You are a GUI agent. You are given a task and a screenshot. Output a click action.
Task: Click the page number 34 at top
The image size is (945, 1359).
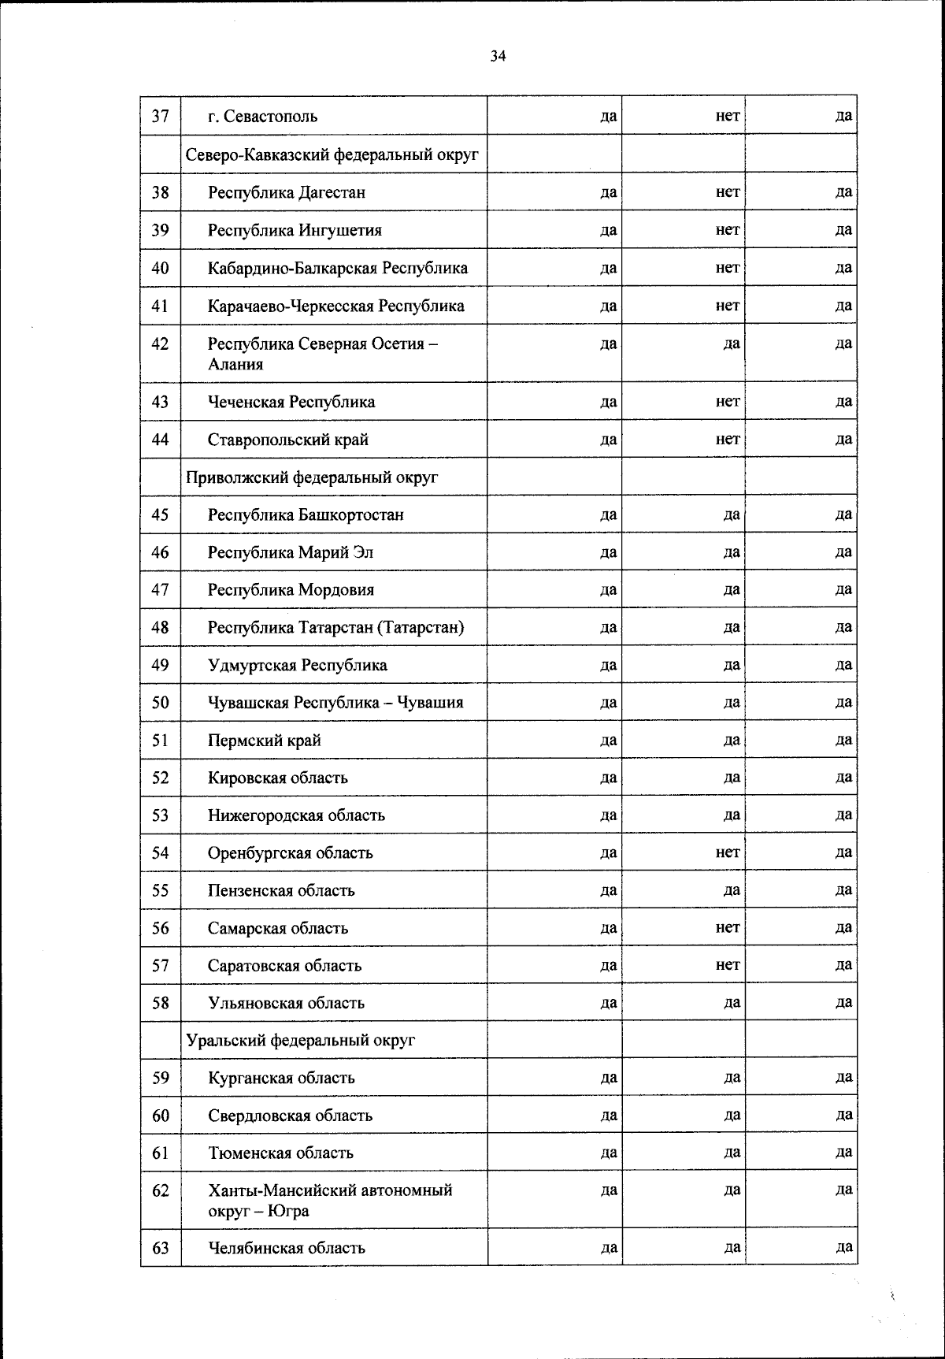tap(498, 56)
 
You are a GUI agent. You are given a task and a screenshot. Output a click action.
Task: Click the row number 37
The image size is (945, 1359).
tap(161, 117)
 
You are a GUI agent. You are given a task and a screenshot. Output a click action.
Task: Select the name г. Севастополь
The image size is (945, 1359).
tap(262, 117)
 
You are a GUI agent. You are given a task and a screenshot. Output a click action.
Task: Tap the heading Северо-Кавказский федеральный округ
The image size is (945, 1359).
tap(332, 155)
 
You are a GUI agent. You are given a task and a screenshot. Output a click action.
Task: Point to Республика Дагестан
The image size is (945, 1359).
tap(286, 192)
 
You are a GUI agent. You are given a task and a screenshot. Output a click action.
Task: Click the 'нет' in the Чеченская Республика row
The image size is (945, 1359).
tap(728, 402)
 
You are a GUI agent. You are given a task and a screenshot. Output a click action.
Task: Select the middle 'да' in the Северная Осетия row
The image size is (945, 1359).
tap(732, 344)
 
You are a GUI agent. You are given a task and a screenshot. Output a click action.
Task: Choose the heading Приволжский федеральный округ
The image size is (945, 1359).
tap(312, 477)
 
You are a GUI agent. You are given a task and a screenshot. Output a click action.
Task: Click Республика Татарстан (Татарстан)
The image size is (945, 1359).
tap(335, 628)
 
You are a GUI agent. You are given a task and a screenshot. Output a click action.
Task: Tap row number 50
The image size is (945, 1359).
tap(161, 703)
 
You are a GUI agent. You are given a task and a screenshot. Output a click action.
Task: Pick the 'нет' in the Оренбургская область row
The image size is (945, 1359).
tap(728, 852)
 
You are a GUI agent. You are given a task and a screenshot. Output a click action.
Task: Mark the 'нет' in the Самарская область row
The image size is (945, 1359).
tap(728, 928)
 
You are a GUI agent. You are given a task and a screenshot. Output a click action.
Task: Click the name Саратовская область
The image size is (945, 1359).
tap(284, 966)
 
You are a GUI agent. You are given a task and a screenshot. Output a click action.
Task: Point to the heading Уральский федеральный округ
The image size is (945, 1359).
tap(300, 1041)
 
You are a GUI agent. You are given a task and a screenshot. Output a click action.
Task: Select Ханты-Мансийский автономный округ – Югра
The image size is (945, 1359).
tap(330, 1200)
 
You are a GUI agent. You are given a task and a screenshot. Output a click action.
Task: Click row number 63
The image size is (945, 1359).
tap(161, 1248)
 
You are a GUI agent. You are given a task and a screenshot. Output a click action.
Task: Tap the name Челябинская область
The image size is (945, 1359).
tap(286, 1248)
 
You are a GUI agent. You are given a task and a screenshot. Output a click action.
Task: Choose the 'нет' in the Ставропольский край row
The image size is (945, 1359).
tap(728, 440)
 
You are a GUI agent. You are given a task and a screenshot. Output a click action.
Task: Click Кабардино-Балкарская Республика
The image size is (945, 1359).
tap(337, 268)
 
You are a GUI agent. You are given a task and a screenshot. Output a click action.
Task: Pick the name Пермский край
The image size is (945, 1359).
tap(264, 741)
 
